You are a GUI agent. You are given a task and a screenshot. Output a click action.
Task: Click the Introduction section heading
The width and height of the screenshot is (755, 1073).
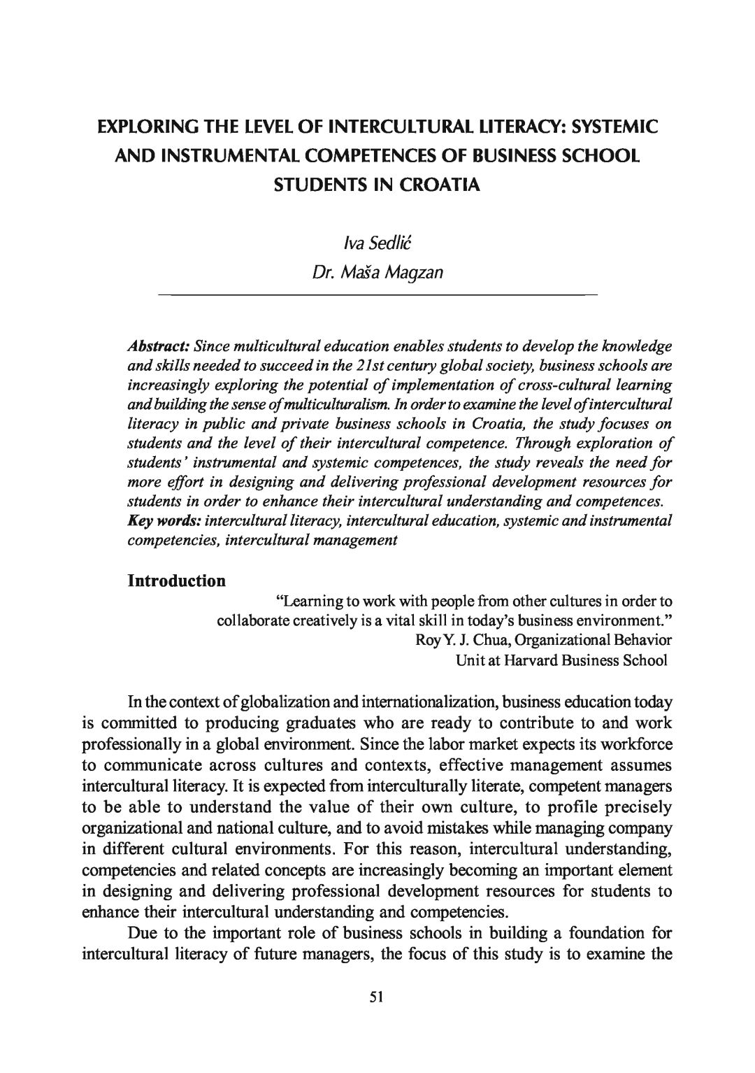coord(176,581)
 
